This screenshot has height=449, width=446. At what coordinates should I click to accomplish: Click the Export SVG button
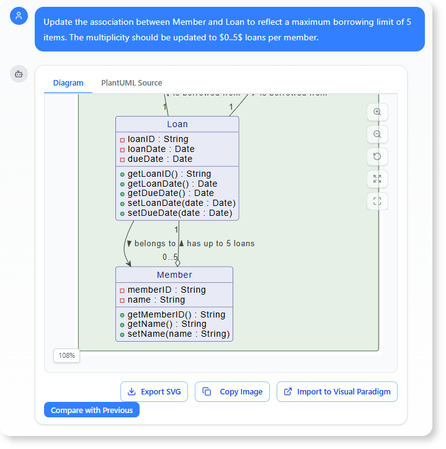(x=154, y=392)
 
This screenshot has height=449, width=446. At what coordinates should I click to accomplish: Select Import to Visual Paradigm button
(x=337, y=392)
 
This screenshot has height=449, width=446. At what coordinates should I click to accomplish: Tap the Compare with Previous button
(x=92, y=410)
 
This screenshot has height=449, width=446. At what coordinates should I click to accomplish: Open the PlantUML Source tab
(x=132, y=83)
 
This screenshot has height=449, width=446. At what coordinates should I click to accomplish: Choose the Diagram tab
(x=68, y=83)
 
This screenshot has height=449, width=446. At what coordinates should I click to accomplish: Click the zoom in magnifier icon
(x=377, y=112)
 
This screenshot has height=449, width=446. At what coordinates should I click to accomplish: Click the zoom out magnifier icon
(x=377, y=135)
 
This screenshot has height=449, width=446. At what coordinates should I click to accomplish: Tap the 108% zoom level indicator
(x=66, y=356)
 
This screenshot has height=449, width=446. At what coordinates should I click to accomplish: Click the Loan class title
(x=177, y=125)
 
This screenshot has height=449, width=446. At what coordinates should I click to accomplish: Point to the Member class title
(x=174, y=275)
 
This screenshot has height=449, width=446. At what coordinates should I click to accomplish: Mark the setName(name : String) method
(x=179, y=334)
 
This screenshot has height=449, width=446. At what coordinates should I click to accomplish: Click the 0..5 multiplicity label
(x=170, y=257)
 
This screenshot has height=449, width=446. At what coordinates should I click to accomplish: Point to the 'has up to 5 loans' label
(x=220, y=244)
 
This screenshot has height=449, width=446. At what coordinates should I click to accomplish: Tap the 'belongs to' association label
(x=154, y=244)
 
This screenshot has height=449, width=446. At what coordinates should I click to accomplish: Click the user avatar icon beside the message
(x=19, y=16)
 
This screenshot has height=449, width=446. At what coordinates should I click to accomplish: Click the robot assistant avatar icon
(x=19, y=74)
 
